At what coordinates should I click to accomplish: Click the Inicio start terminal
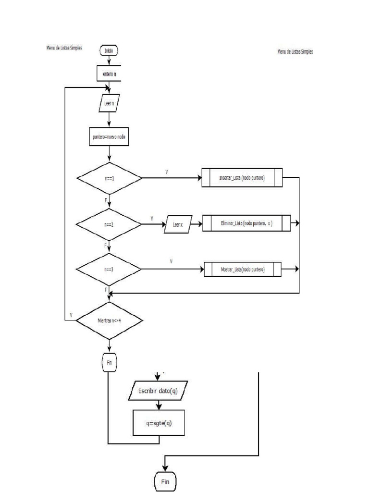(x=109, y=50)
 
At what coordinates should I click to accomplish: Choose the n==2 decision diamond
(x=109, y=224)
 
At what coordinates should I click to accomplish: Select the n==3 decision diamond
(x=109, y=269)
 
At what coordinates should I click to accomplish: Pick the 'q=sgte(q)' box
(x=159, y=423)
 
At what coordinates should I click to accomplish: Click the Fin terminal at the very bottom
(x=165, y=482)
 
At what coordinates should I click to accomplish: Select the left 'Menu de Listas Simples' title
(x=62, y=48)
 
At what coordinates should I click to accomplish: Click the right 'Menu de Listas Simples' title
(x=295, y=51)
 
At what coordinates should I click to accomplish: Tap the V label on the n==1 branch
(x=166, y=171)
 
